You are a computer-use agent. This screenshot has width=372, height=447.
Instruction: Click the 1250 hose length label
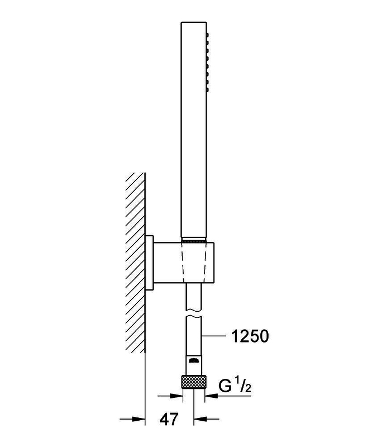coord(250,336)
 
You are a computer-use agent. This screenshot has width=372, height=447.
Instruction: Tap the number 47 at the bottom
coord(169,420)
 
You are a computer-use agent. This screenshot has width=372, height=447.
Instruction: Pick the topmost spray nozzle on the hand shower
coord(208,35)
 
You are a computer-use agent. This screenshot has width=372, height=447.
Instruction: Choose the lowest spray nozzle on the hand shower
coord(208,90)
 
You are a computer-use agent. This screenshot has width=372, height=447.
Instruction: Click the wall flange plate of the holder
coord(149,263)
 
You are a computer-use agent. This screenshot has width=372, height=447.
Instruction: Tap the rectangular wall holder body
coord(184,263)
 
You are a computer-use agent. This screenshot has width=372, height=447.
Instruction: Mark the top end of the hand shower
coord(194,22)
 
